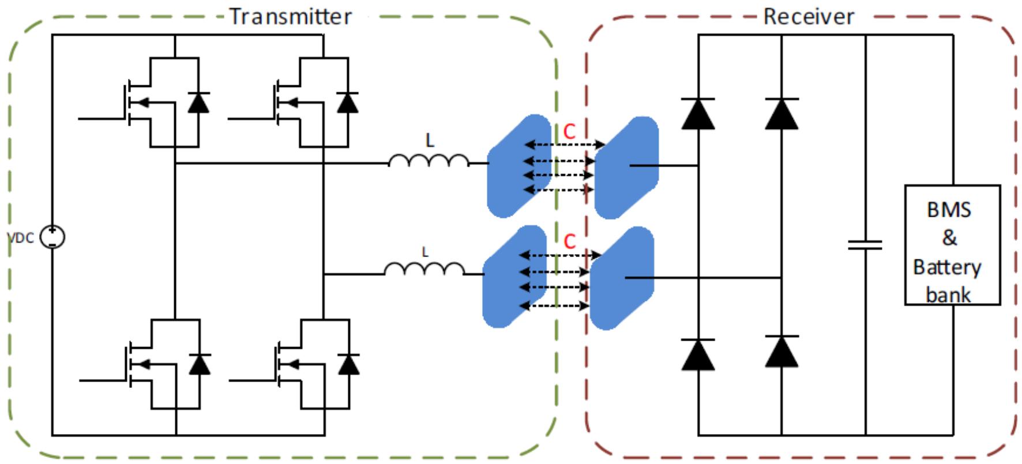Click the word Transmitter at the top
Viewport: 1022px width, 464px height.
coord(291,16)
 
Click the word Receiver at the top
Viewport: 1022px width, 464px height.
coord(808,16)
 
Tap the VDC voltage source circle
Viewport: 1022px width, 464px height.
coord(52,237)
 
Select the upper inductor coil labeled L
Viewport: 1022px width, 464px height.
coord(429,161)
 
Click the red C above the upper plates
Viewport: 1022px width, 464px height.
coord(569,132)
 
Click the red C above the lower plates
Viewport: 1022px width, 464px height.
coord(569,241)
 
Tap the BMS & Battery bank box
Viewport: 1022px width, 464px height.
coord(952,245)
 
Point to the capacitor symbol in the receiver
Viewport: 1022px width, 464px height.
coord(865,245)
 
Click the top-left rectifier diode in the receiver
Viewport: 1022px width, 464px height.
coord(698,114)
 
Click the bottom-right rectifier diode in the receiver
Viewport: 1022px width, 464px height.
coord(781,352)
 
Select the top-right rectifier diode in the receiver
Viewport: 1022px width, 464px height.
coord(781,114)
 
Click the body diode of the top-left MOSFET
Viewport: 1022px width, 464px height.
coord(199,102)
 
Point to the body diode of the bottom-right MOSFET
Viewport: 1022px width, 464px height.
coord(348,365)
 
